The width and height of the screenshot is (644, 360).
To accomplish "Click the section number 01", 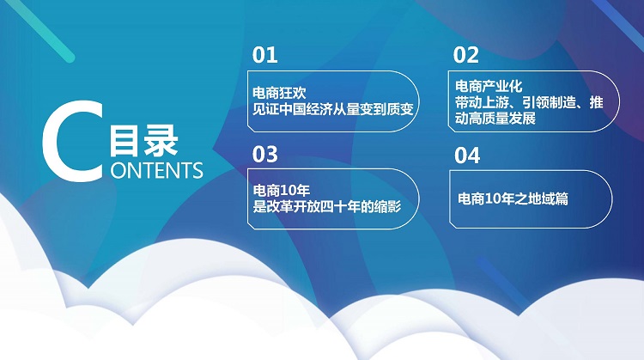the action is click(x=265, y=55).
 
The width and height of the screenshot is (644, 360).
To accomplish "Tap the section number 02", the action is click(x=466, y=55).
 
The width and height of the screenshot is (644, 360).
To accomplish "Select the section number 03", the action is click(x=265, y=155).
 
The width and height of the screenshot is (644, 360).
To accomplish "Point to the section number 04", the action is click(x=467, y=156).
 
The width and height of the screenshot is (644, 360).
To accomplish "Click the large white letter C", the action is click(x=72, y=141).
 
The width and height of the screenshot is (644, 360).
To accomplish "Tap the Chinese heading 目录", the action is click(x=143, y=141).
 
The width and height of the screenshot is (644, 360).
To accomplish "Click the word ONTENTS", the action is click(x=157, y=170).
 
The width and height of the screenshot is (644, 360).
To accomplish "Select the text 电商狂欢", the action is click(x=279, y=93).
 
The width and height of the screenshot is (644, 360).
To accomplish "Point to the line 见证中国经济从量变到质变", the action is click(x=332, y=109).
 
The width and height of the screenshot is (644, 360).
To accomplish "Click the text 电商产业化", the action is click(x=489, y=86).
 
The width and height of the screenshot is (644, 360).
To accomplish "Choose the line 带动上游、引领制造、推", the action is click(x=529, y=102).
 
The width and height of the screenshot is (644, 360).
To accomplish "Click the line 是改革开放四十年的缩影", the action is click(x=327, y=207).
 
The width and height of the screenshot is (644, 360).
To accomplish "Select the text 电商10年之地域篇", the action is click(x=513, y=199).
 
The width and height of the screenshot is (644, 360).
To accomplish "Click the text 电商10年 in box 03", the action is click(x=282, y=190).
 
